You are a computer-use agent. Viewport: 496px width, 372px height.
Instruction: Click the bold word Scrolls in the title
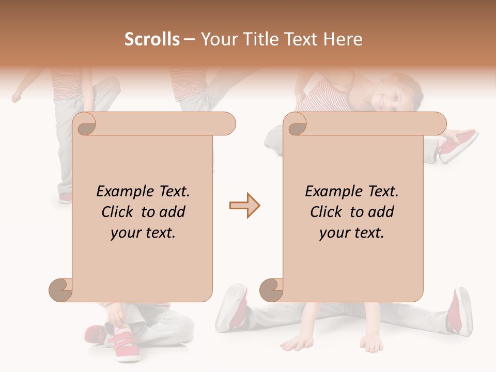tap(152, 39)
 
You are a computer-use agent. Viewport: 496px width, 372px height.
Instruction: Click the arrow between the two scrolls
tap(244, 206)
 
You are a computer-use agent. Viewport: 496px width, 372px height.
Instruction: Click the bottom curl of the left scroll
tap(61, 289)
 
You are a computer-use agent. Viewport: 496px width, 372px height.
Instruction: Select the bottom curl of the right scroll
tap(271, 289)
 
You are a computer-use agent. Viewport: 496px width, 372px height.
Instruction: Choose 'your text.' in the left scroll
tap(143, 233)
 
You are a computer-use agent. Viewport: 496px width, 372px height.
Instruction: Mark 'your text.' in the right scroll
tap(352, 233)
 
